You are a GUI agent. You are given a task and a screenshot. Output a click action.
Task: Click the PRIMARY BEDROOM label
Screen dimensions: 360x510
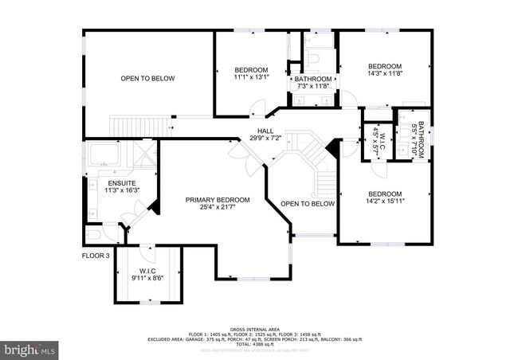click(x=218, y=199)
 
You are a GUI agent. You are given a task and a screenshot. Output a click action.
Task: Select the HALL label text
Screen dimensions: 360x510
click(x=265, y=130)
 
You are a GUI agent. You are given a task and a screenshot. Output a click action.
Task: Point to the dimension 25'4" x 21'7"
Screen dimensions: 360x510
click(x=218, y=208)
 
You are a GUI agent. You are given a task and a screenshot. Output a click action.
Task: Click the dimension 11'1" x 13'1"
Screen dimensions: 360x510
click(x=251, y=77)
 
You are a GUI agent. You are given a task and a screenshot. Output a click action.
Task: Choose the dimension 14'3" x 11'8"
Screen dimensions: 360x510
click(x=384, y=73)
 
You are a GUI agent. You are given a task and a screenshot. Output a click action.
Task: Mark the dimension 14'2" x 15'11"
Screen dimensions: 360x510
click(x=384, y=202)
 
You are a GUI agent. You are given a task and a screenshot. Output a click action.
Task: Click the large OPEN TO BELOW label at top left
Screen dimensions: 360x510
click(x=147, y=78)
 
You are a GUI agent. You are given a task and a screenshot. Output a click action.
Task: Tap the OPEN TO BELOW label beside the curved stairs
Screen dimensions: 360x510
click(x=307, y=204)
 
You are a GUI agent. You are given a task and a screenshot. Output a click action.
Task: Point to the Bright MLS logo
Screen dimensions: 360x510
click(x=29, y=349)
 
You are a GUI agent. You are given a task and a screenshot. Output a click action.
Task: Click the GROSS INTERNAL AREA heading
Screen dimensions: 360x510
click(x=255, y=328)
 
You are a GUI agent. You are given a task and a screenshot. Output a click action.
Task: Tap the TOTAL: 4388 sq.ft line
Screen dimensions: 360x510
click(x=255, y=343)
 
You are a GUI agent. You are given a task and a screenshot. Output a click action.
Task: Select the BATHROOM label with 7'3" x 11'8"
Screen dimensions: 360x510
click(x=312, y=79)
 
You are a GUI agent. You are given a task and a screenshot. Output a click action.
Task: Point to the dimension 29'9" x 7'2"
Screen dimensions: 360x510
click(x=265, y=138)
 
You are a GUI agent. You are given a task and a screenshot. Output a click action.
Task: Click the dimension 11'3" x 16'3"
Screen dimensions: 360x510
click(x=124, y=190)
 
